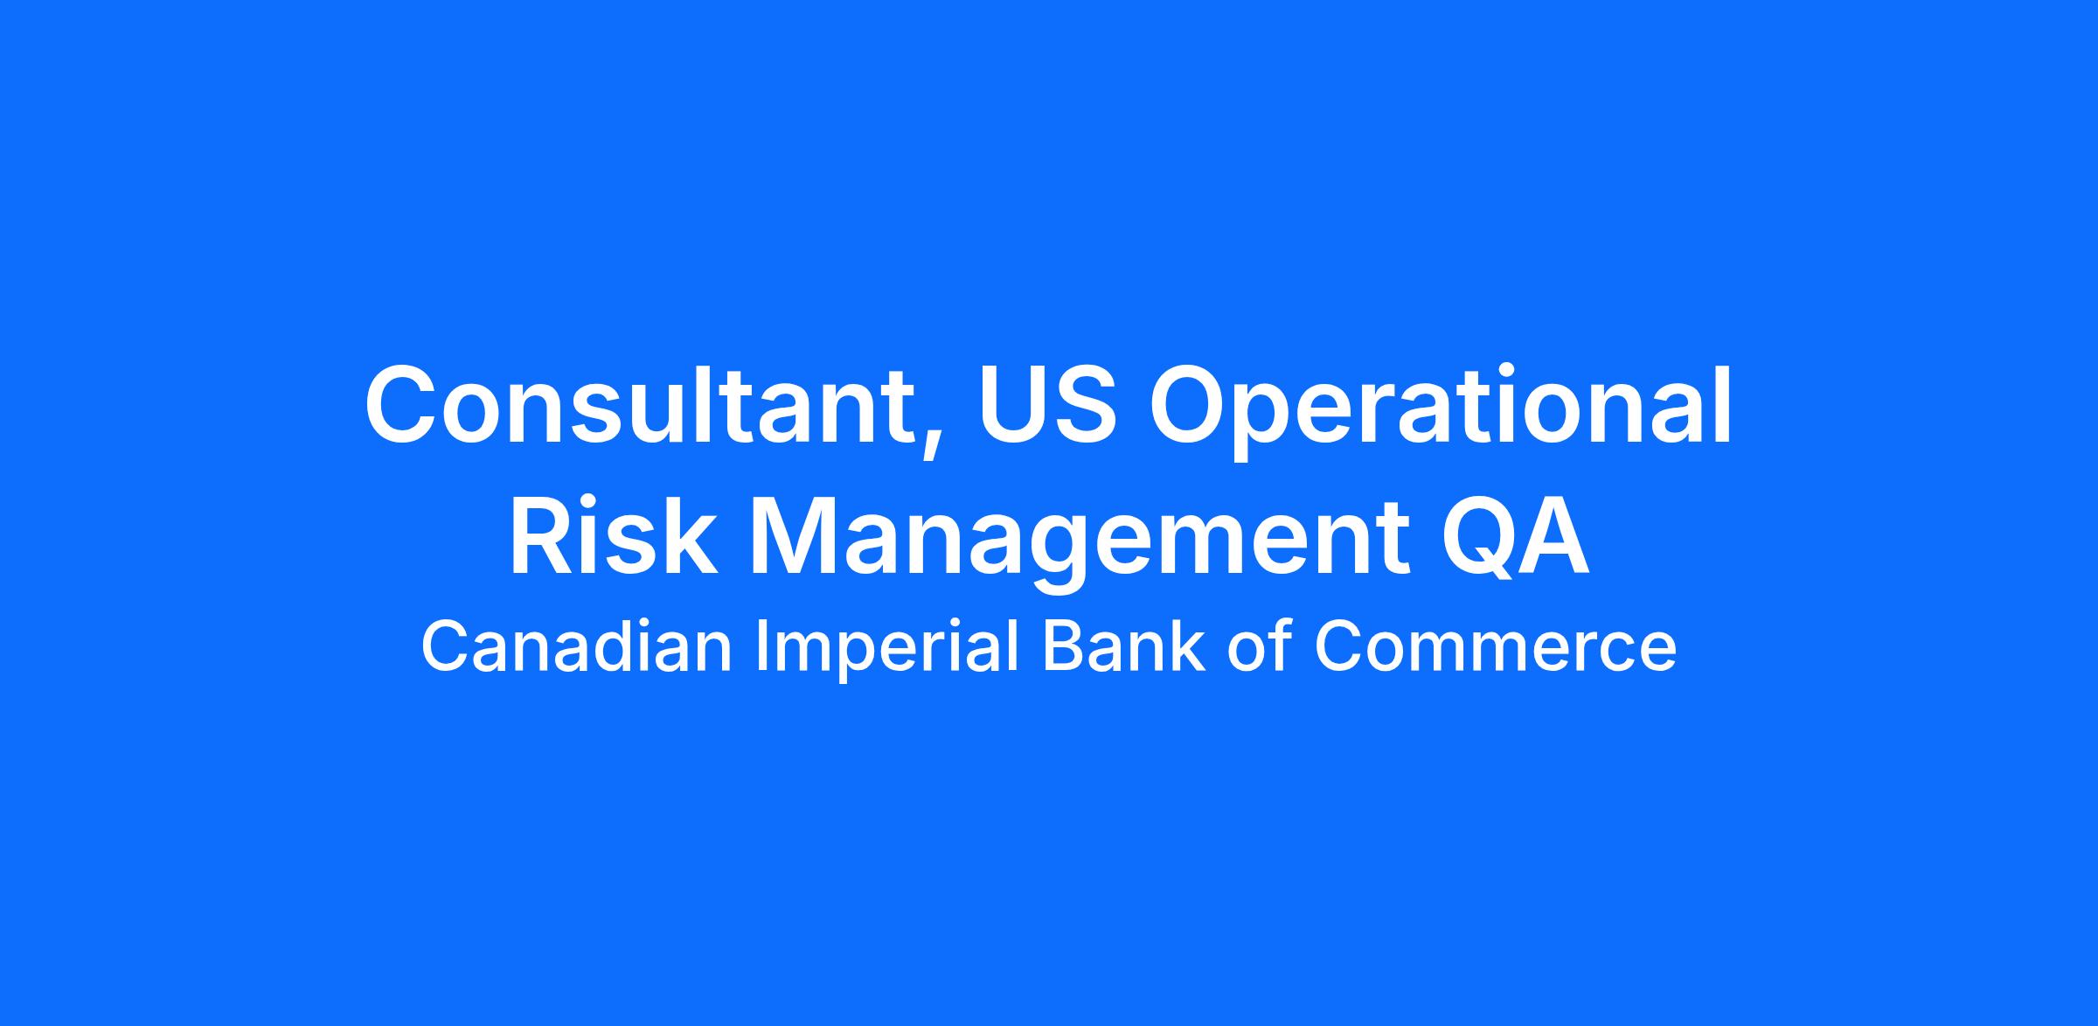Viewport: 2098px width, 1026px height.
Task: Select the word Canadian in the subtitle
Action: (576, 647)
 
